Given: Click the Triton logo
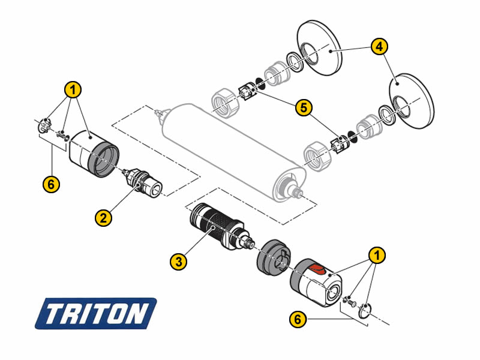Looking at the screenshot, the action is pos(95,313).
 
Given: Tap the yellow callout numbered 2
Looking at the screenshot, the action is pos(103,218).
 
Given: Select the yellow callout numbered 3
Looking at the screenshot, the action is pos(178,262).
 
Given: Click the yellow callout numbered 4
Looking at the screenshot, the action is pos(379,47).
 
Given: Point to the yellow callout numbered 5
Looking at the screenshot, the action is pos(304,107).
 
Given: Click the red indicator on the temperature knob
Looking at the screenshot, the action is pos(317,269).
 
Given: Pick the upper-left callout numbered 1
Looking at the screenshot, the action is pos(73,89).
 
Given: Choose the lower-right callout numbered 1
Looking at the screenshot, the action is pos(377,254).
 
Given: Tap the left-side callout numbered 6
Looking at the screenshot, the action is pos(51,184).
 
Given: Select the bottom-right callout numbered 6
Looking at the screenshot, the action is pos(298,319).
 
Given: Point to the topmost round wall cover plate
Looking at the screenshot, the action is pos(319,48).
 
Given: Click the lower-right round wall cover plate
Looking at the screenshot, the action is pos(412,101).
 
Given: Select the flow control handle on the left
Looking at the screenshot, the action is pos(94,154).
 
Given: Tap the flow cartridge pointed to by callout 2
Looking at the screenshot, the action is pos(142,183).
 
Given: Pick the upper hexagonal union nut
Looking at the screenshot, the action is pos(225,103).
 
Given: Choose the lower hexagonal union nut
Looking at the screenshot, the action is pos(317,156).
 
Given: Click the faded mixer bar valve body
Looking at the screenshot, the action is pos(233,152).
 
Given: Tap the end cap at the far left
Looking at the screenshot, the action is pos(44,126).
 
